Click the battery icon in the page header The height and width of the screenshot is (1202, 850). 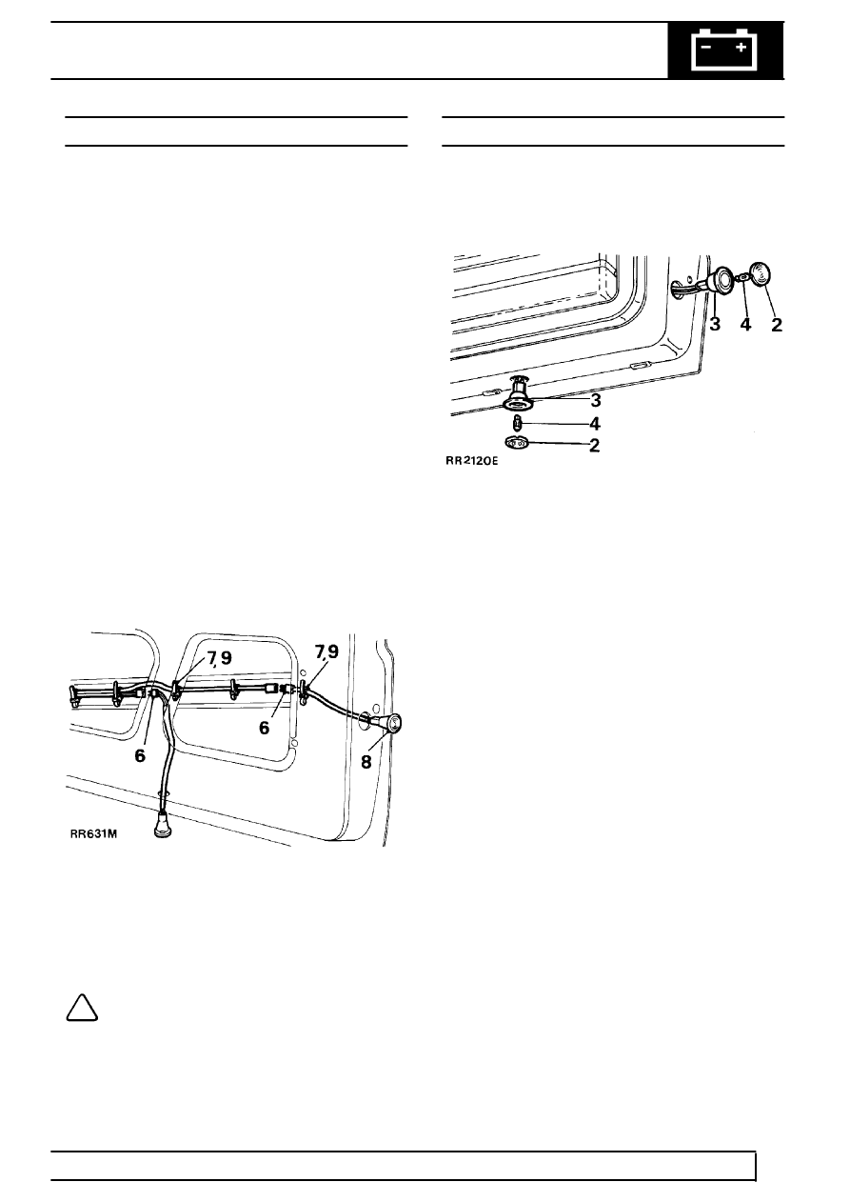click(x=725, y=50)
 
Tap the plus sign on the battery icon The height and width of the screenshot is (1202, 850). click(x=741, y=48)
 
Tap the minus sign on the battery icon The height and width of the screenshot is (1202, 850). click(x=706, y=48)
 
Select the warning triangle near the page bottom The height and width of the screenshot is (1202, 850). click(x=82, y=1009)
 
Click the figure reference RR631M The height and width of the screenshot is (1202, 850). click(x=93, y=833)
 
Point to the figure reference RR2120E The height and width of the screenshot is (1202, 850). click(x=471, y=461)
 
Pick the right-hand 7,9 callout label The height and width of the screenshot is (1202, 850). click(x=326, y=651)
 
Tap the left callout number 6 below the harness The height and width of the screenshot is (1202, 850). click(x=140, y=755)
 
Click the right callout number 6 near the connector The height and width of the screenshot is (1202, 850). click(x=264, y=728)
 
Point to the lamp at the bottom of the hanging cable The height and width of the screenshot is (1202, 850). click(x=162, y=828)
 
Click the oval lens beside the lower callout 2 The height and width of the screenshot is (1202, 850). click(x=517, y=443)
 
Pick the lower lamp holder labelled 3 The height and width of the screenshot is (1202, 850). click(x=519, y=396)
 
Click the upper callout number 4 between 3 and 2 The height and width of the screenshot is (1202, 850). click(x=745, y=324)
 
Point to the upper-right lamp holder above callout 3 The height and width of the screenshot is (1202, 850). click(x=718, y=281)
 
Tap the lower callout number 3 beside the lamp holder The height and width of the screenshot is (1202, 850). click(x=595, y=400)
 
